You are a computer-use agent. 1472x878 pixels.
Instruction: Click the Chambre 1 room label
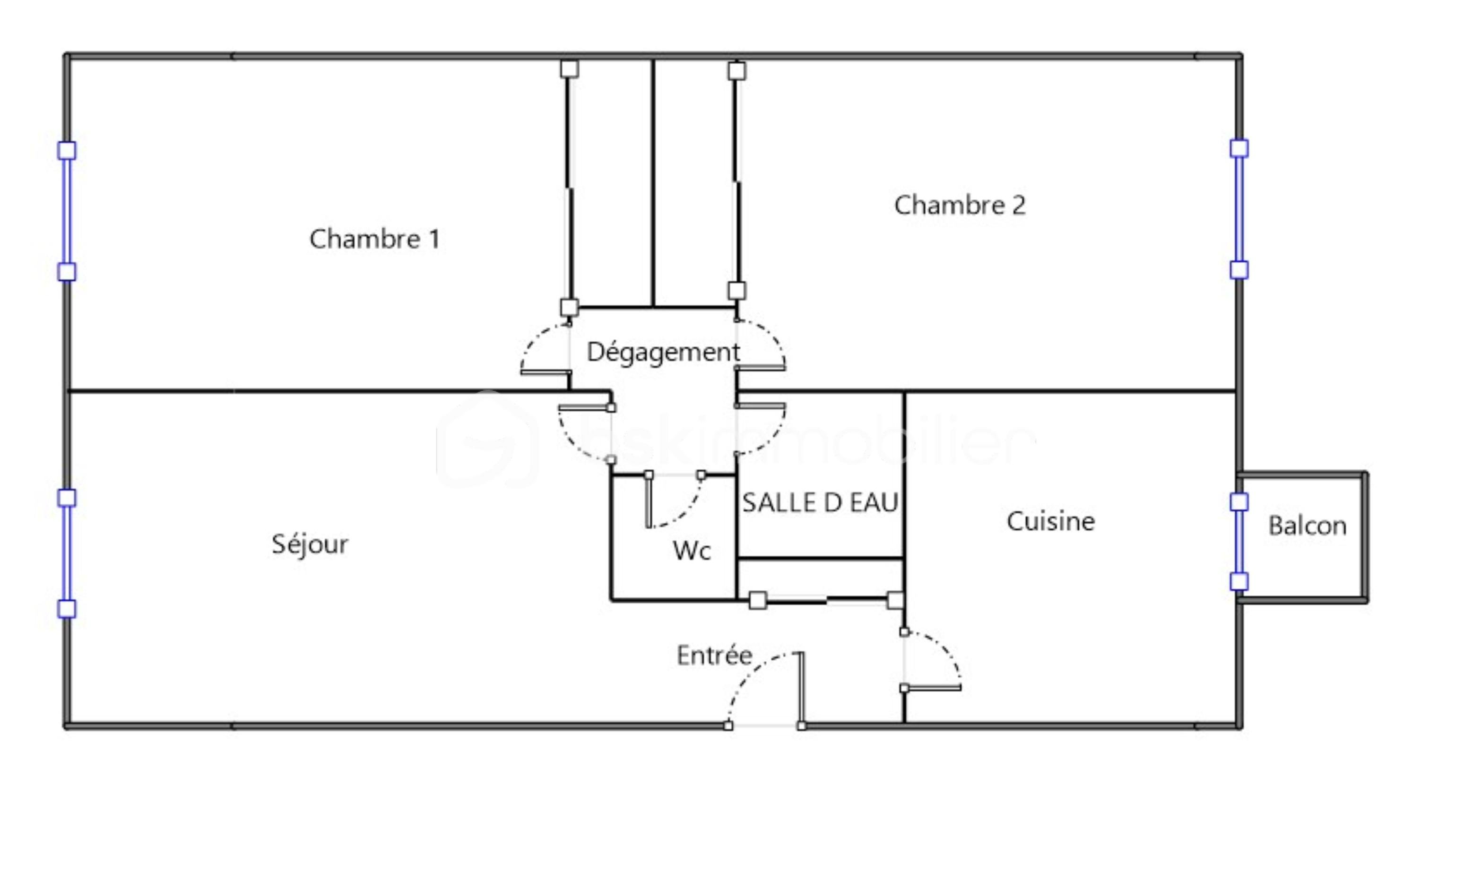[x=374, y=239]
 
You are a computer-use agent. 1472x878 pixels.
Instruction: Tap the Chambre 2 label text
[x=959, y=205]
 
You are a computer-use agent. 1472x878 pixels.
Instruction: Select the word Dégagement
[x=663, y=353]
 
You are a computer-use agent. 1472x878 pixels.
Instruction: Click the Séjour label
[x=310, y=544]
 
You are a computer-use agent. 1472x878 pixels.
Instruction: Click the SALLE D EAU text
[x=820, y=503]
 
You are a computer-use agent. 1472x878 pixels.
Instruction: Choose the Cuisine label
[x=1050, y=521]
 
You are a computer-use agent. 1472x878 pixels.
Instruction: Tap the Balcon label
[x=1307, y=526]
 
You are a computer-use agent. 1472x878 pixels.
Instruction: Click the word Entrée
[x=714, y=655]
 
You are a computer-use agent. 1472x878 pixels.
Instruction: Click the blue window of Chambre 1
[x=67, y=211]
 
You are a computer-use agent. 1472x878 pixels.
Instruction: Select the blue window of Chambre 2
[x=1239, y=209]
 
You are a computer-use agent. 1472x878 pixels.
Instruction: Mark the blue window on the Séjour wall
[x=67, y=553]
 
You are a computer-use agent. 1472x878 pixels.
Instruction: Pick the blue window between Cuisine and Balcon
[x=1239, y=542]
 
